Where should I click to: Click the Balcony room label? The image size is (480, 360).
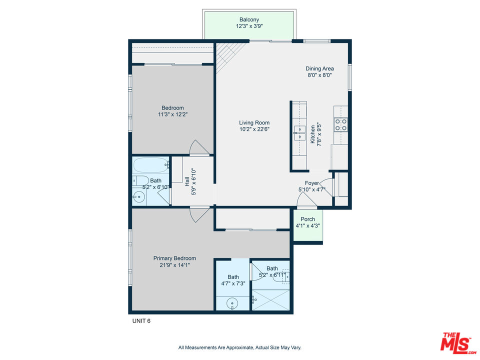(x=249, y=19)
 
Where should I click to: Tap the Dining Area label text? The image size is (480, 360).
(x=319, y=68)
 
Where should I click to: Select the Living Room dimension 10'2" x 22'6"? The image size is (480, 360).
(x=254, y=129)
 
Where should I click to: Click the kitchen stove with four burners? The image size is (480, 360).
(x=340, y=124)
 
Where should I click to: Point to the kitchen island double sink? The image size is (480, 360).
(x=299, y=133)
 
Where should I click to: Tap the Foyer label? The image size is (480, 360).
(x=312, y=183)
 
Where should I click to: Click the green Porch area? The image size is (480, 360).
(x=308, y=225)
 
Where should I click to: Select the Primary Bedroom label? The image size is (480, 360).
(x=174, y=258)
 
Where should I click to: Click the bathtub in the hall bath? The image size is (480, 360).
(x=151, y=165)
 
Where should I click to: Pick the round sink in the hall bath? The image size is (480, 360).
(x=138, y=197)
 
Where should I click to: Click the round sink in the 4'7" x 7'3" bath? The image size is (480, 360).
(x=232, y=304)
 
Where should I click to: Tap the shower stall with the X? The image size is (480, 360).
(x=270, y=299)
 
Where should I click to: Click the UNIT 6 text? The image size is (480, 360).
(x=141, y=321)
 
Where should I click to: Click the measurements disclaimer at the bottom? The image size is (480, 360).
(x=239, y=347)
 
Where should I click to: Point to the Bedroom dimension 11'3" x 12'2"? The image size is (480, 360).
(x=172, y=114)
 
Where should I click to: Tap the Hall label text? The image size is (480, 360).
(x=186, y=181)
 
